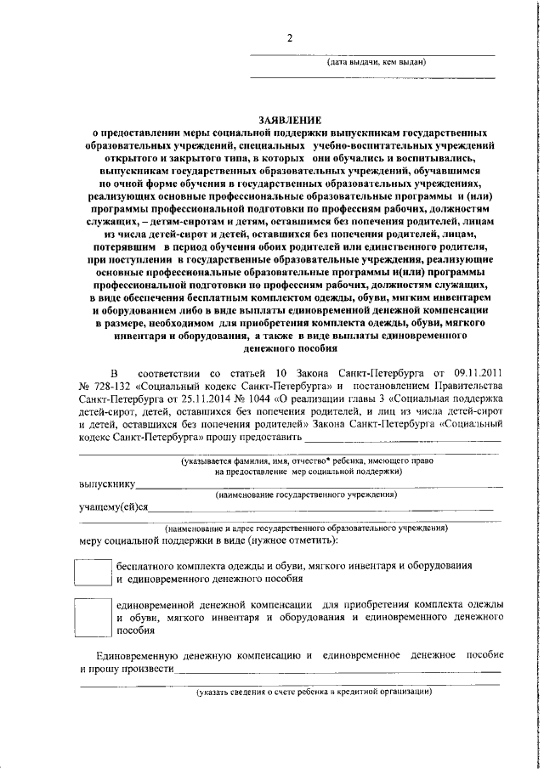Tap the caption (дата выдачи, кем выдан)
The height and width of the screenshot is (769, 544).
coord(377,62)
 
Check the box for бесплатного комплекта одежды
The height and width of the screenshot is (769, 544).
coord(93,570)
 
